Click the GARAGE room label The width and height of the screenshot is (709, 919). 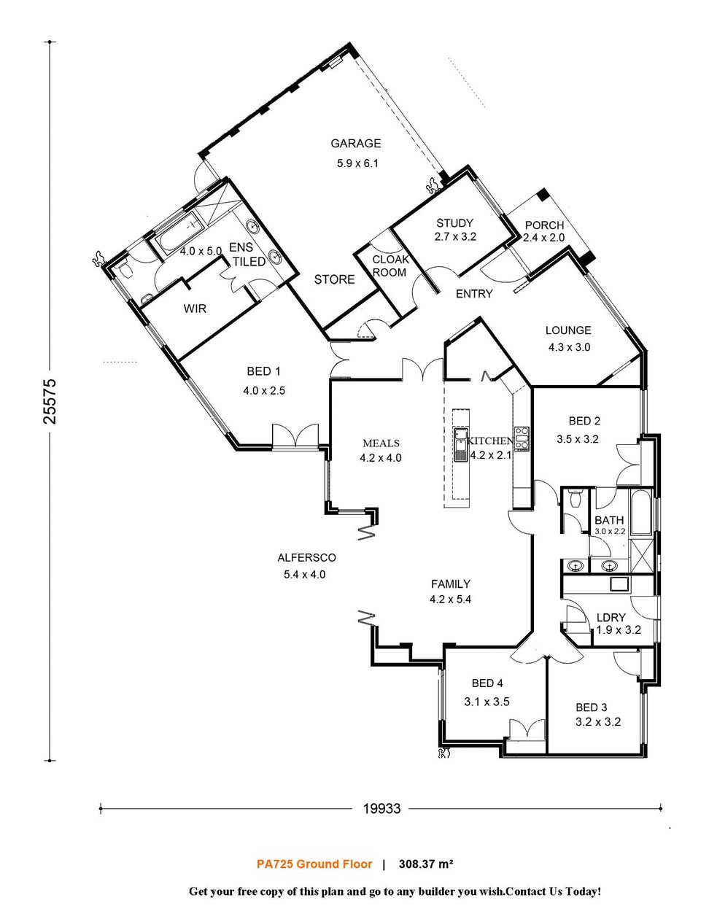pyautogui.click(x=355, y=144)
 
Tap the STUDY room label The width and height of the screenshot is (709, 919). pyautogui.click(x=454, y=223)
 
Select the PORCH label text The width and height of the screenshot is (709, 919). pyautogui.click(x=544, y=225)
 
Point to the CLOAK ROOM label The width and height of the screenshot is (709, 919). pyautogui.click(x=390, y=265)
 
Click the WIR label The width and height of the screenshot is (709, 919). pyautogui.click(x=195, y=309)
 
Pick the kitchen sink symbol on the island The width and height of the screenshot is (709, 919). pyautogui.click(x=461, y=444)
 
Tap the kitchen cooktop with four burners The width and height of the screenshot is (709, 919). pyautogui.click(x=521, y=438)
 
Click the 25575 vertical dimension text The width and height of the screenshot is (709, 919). pyautogui.click(x=49, y=400)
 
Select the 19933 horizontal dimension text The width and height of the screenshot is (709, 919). pyautogui.click(x=381, y=808)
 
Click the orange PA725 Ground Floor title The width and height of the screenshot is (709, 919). pyautogui.click(x=314, y=864)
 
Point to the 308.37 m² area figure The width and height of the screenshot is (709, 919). pyautogui.click(x=426, y=864)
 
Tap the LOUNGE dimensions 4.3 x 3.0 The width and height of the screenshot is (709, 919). pyautogui.click(x=569, y=347)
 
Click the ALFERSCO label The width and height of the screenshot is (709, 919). pyautogui.click(x=306, y=558)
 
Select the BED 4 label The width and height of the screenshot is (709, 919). pyautogui.click(x=487, y=683)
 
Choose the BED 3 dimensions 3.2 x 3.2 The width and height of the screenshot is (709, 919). pyautogui.click(x=597, y=722)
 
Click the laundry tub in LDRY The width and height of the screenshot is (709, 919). pyautogui.click(x=619, y=583)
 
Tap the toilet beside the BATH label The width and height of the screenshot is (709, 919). pyautogui.click(x=575, y=499)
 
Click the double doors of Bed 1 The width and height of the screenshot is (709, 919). pyautogui.click(x=295, y=435)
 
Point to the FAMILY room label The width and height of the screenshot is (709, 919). pyautogui.click(x=450, y=584)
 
